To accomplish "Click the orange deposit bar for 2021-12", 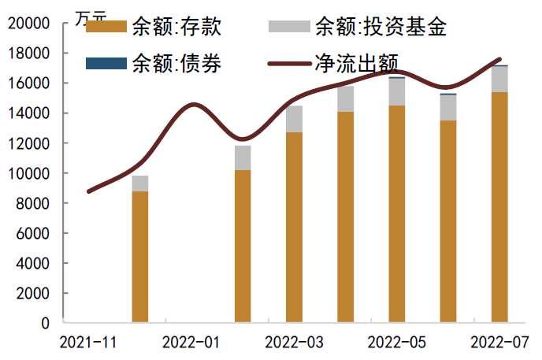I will point(140,257).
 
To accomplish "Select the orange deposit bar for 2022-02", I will point(243,246).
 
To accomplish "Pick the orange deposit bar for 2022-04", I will point(345,217).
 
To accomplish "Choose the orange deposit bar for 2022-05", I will point(397,213).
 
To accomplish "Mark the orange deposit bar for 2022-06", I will point(448,221).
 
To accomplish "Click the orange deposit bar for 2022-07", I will point(499,207).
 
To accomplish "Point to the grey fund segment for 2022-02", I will point(243,158).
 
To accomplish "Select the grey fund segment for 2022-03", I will point(294,119).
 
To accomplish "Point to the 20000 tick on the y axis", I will point(28,24).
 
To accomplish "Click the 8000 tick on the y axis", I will point(32,203).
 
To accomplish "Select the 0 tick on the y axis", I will point(45,323).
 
